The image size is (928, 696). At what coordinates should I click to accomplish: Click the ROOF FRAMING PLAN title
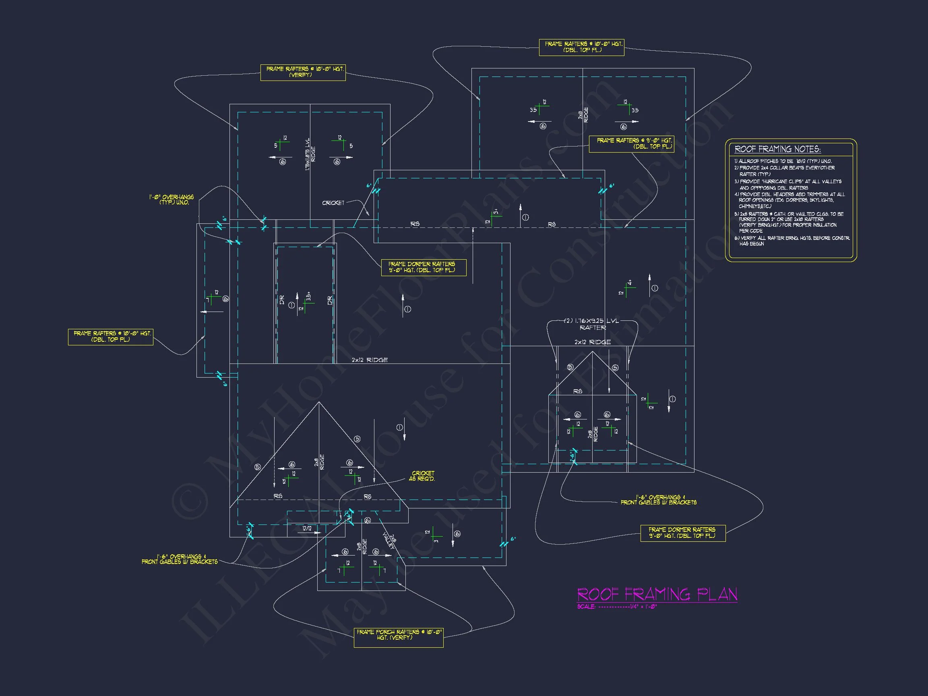[x=657, y=594]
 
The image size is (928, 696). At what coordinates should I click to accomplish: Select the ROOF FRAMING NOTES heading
[x=777, y=149]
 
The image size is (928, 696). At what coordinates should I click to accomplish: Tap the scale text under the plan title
[x=617, y=607]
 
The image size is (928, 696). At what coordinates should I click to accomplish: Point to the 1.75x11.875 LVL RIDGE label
[x=310, y=154]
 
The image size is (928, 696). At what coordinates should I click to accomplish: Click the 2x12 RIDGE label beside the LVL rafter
[x=592, y=342]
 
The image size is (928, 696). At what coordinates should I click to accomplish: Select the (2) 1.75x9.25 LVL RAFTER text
[x=592, y=324]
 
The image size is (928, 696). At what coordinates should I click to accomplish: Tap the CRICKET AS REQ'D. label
[x=422, y=476]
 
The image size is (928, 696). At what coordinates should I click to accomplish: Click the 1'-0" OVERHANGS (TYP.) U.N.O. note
[x=172, y=199]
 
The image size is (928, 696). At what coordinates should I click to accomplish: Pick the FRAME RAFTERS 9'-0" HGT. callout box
[x=631, y=143]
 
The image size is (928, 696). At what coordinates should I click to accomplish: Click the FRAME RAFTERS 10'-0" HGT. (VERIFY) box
[x=303, y=72]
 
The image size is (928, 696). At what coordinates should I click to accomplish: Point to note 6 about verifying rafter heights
[x=792, y=241]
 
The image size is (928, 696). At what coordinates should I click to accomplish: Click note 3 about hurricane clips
[x=787, y=185]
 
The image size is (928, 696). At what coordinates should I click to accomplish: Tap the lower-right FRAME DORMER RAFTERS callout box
[x=682, y=533]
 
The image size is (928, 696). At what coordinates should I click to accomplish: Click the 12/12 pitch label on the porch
[x=307, y=529]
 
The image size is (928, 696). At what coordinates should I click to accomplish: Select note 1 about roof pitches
[x=783, y=161]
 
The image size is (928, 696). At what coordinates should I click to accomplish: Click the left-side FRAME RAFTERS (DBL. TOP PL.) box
[x=111, y=337]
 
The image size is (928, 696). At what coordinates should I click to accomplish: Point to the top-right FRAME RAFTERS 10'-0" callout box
[x=581, y=47]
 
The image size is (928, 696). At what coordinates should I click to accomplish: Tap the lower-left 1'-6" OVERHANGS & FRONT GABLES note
[x=180, y=559]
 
